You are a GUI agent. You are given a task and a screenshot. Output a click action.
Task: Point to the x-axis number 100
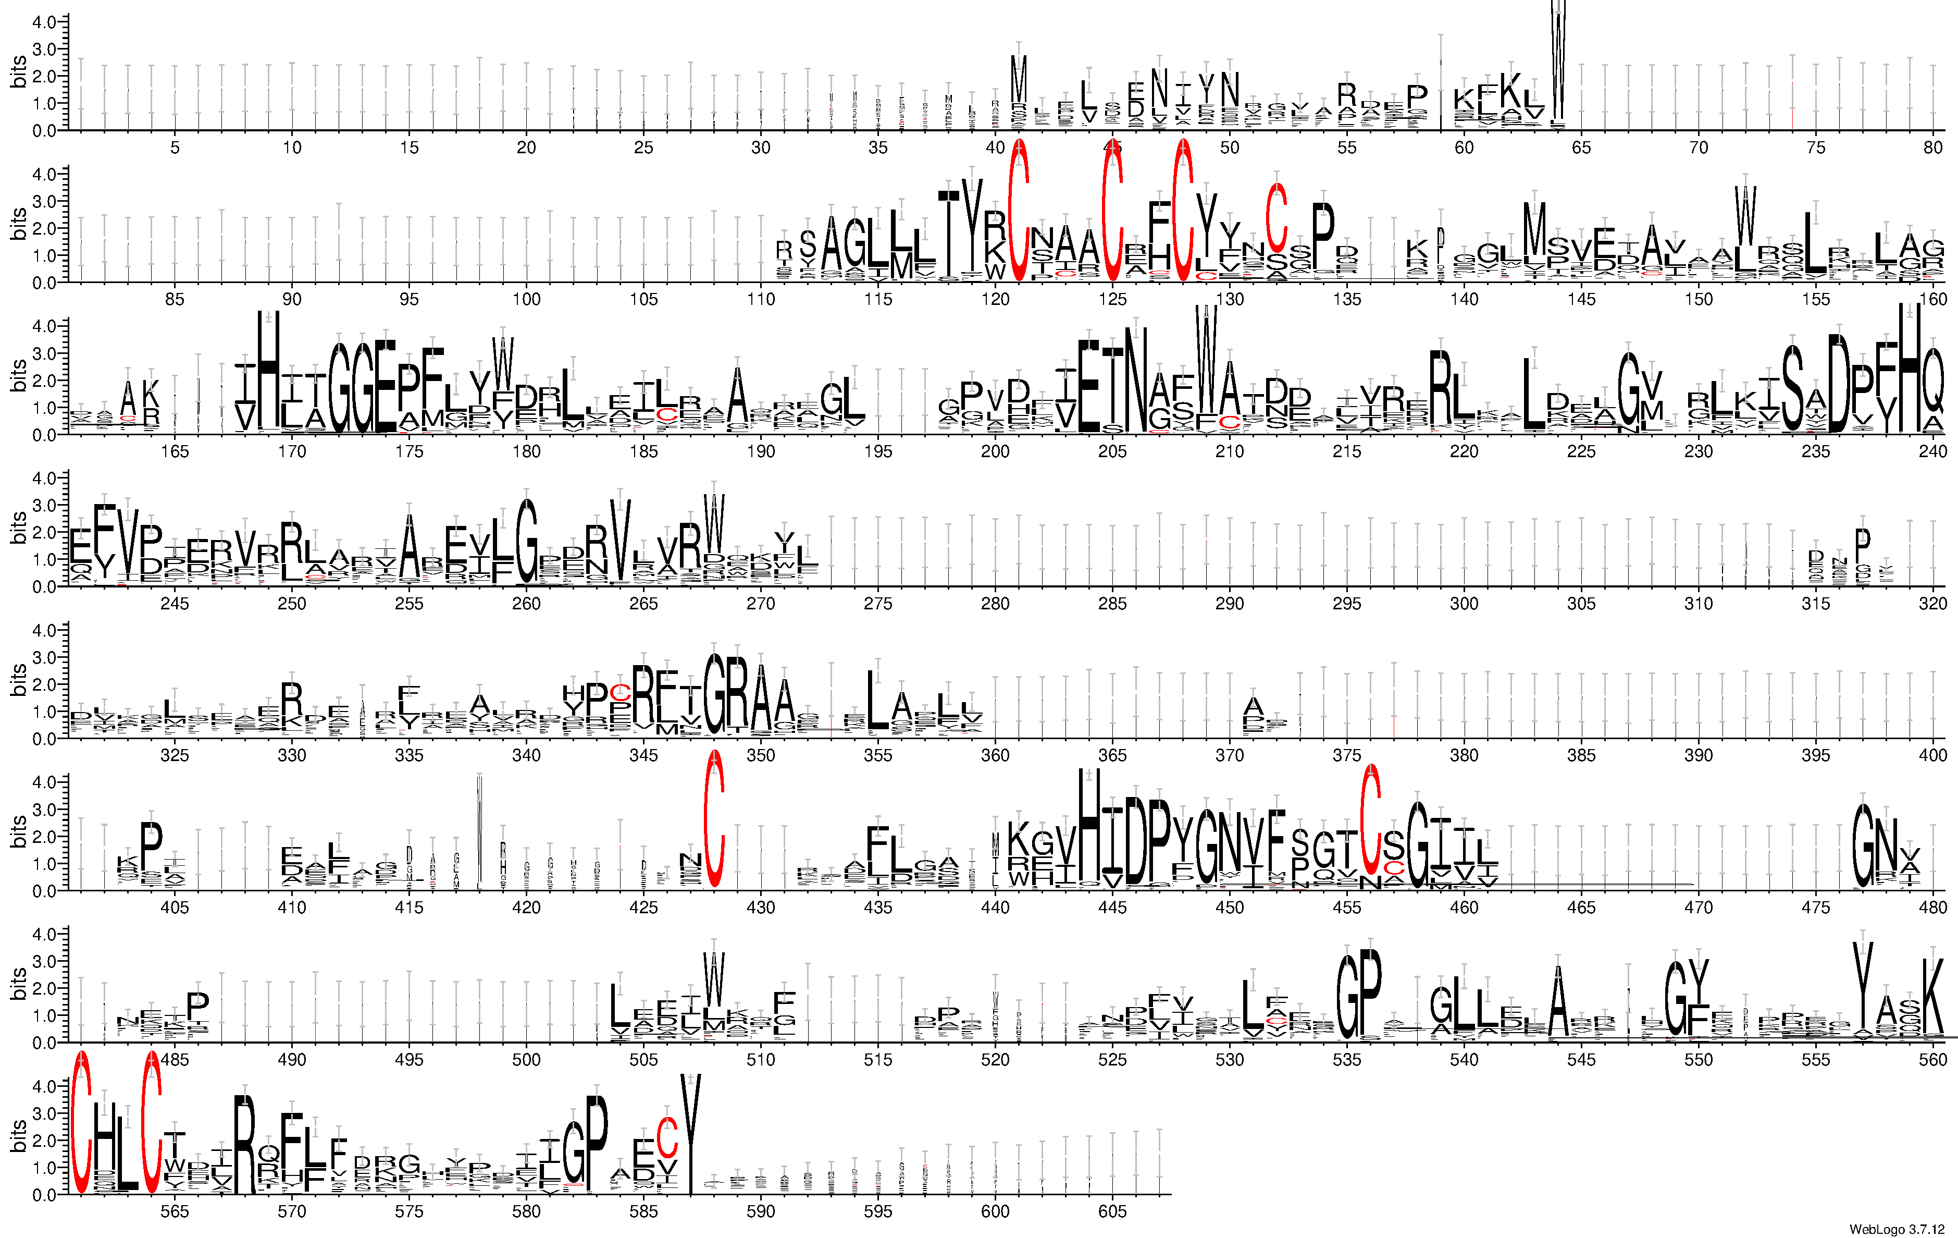(x=526, y=299)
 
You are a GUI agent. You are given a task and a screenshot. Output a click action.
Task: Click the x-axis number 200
(x=995, y=451)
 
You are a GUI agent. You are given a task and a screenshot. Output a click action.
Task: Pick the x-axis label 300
(x=1464, y=604)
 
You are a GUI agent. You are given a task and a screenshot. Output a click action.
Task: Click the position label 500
(x=526, y=1059)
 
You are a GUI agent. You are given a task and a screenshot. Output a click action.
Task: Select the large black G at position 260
(x=527, y=541)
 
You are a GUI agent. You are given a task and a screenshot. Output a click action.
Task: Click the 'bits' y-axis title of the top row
(x=18, y=71)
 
